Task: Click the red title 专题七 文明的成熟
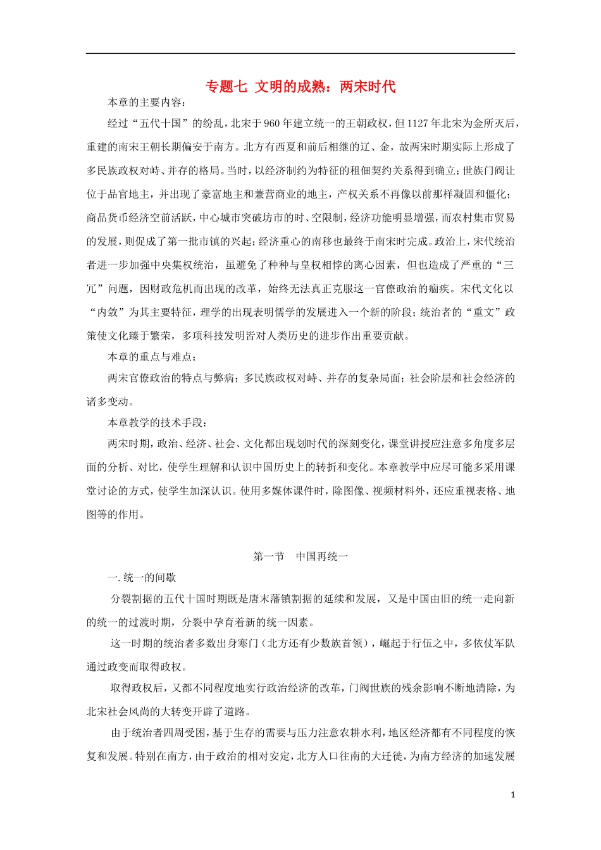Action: pos(300,87)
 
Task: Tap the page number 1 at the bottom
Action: pos(512,794)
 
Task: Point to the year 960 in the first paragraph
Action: pos(271,123)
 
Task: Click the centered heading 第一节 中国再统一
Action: pos(300,557)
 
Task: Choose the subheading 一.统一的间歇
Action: pos(142,577)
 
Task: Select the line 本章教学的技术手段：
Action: pos(158,422)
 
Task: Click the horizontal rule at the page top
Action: pos(300,54)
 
